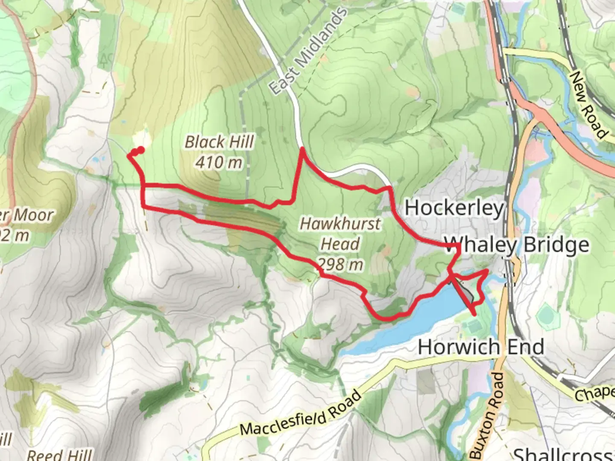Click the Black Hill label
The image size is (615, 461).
pyautogui.click(x=220, y=142)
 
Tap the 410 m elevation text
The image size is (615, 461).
pyautogui.click(x=219, y=162)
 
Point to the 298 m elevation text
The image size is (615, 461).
pyautogui.click(x=340, y=265)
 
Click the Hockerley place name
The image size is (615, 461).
pyautogui.click(x=454, y=208)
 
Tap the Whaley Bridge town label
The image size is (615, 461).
pyautogui.click(x=517, y=245)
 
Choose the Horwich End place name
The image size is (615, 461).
pyautogui.click(x=481, y=347)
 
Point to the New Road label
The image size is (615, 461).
pyautogui.click(x=589, y=105)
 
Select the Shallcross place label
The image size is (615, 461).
pyautogui.click(x=564, y=454)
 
